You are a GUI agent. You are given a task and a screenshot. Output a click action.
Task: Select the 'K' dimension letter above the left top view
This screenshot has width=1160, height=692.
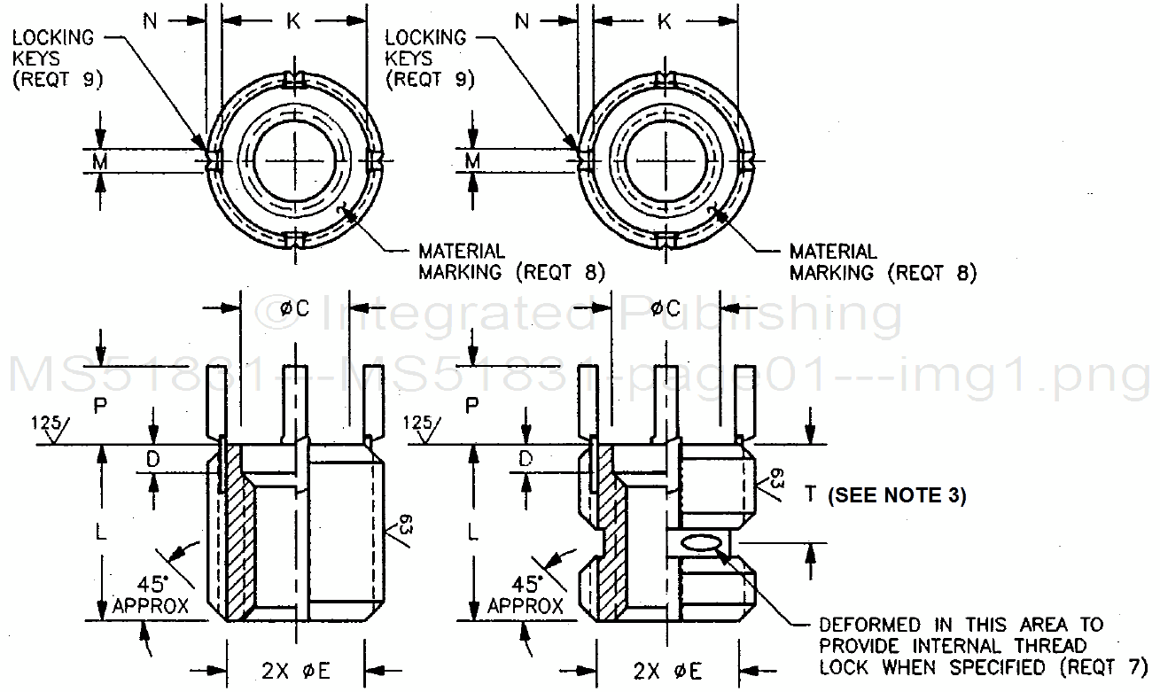tap(293, 21)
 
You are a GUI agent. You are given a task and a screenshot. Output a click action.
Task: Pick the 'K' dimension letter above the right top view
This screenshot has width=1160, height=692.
tap(665, 21)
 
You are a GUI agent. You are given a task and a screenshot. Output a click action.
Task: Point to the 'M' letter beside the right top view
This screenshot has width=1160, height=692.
tap(473, 160)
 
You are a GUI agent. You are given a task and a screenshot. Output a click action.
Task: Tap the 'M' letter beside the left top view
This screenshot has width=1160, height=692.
tap(101, 160)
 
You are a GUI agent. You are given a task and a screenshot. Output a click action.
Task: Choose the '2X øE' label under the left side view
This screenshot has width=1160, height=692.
tap(296, 671)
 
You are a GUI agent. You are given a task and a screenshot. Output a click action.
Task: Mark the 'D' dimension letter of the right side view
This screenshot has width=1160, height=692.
tap(526, 459)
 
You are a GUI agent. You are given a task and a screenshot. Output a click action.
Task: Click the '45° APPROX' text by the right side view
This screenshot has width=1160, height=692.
tap(526, 595)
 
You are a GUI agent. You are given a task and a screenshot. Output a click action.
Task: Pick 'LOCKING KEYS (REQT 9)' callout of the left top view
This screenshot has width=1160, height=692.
tap(55, 58)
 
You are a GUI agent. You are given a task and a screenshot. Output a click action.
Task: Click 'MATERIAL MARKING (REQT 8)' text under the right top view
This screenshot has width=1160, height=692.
tap(882, 262)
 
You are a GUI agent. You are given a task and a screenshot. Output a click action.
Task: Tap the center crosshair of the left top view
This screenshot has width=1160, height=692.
tap(293, 161)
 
